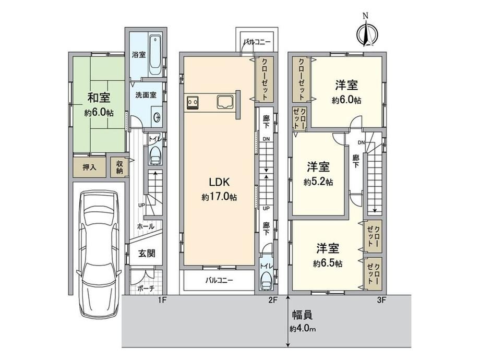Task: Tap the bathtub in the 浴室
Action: (x=155, y=55)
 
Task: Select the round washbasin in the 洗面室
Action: (x=157, y=117)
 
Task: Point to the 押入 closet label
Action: (x=89, y=167)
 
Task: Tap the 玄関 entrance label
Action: (x=147, y=253)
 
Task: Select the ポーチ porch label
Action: (x=146, y=288)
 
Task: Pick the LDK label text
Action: (x=219, y=182)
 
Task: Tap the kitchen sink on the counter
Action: (x=225, y=102)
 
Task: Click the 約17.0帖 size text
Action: (x=219, y=197)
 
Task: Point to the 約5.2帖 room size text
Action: (x=318, y=182)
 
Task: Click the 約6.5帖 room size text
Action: (x=328, y=263)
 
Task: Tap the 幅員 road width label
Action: (x=302, y=315)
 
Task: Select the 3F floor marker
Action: (x=381, y=301)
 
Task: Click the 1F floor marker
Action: (x=162, y=301)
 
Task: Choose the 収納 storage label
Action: (x=119, y=167)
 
